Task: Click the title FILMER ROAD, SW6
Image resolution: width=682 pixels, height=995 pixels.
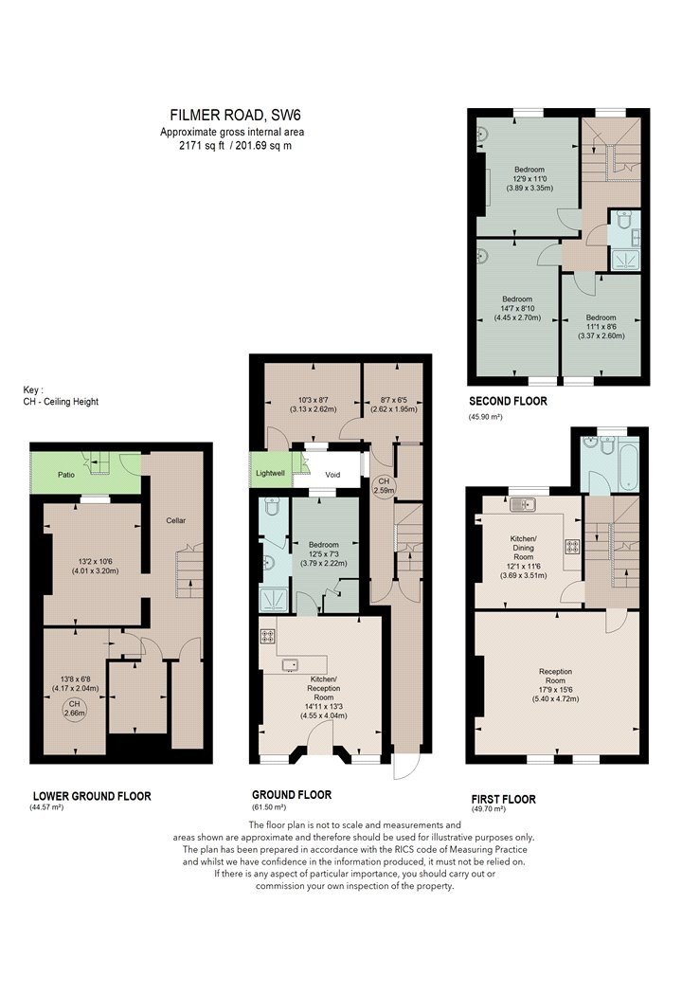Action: coord(235,115)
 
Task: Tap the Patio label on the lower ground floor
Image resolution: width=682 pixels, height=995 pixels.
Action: coord(66,474)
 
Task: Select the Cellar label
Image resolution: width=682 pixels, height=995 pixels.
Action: coord(176,520)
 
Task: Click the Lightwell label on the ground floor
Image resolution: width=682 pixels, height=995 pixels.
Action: coord(271,473)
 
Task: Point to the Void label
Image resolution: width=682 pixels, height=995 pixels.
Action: coord(332,474)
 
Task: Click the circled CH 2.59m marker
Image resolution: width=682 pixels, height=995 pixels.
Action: coord(384,485)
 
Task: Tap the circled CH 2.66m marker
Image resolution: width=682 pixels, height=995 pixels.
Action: coord(74,708)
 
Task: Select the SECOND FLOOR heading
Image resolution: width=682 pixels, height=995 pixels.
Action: coord(508,401)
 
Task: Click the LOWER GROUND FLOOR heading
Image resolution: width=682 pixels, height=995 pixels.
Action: coord(92,796)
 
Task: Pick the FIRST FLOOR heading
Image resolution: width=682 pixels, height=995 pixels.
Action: coord(504,799)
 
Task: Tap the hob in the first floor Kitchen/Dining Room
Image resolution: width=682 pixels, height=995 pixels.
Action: coord(572,547)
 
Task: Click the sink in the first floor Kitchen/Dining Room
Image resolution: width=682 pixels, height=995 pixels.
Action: coord(523,505)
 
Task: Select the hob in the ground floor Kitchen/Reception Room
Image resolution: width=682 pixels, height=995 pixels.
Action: coord(267,636)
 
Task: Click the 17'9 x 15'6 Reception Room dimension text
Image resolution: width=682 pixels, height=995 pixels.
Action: coord(555,690)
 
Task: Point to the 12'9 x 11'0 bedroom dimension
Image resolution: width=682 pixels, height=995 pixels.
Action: coord(529,179)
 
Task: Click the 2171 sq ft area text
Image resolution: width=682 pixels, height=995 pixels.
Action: coord(202,145)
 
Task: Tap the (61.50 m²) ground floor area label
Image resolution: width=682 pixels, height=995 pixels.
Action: coord(269,807)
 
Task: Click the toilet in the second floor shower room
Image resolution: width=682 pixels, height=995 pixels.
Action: coord(623,221)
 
